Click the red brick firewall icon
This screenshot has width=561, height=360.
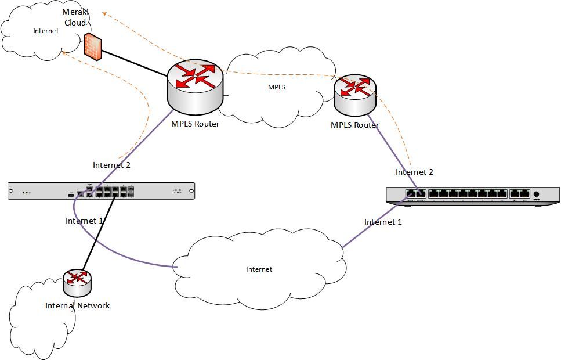93,46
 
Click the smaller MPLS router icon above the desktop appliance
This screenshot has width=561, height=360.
354,94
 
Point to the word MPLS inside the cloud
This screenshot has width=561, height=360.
276,87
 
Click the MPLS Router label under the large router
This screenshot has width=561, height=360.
195,123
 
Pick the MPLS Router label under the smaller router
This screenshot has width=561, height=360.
354,125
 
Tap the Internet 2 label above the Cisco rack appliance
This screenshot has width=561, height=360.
111,165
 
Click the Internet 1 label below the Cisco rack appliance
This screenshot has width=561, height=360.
84,221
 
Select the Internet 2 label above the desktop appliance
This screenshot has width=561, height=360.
414,172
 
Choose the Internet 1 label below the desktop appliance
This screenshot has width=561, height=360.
383,222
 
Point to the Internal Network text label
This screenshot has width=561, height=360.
77,305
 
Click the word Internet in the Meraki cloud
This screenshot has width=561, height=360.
46,31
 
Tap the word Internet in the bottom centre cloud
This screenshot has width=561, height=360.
259,269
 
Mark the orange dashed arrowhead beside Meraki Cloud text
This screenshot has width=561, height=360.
102,12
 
